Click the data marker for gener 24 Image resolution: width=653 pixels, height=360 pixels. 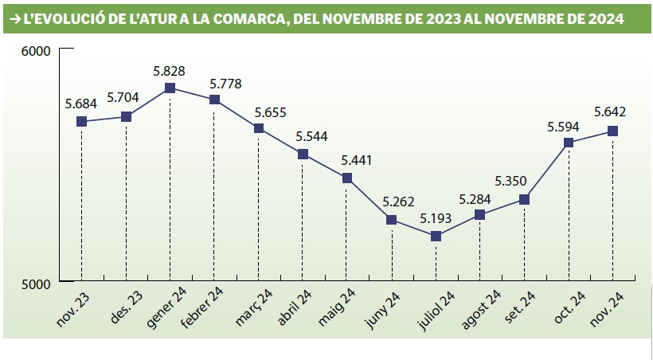point(170,88)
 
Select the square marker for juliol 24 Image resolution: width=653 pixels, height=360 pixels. point(436,236)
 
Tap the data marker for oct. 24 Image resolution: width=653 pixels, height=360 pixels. point(569,143)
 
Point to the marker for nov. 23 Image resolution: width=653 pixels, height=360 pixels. point(81,121)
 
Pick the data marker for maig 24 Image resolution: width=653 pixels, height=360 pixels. point(347,178)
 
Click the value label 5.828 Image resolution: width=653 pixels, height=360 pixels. point(170,71)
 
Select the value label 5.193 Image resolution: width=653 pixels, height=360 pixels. point(436,217)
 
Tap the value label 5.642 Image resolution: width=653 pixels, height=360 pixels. point(612,113)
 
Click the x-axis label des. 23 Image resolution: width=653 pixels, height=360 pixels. point(116,307)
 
